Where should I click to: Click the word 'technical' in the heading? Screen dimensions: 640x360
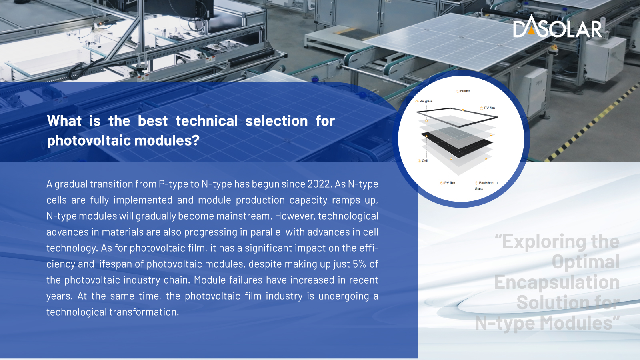click(206, 121)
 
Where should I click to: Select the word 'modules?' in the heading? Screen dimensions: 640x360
click(167, 140)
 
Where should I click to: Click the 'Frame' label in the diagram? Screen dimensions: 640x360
click(465, 91)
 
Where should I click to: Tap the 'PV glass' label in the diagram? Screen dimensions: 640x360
click(426, 102)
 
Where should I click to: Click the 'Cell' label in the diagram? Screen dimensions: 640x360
click(425, 161)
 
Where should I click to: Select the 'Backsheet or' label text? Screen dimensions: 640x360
click(489, 183)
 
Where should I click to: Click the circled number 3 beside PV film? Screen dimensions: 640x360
click(482, 108)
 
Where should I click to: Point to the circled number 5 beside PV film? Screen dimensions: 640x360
click(442, 183)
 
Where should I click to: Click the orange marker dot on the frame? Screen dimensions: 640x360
click(462, 110)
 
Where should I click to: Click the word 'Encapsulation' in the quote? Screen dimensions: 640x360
click(557, 282)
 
